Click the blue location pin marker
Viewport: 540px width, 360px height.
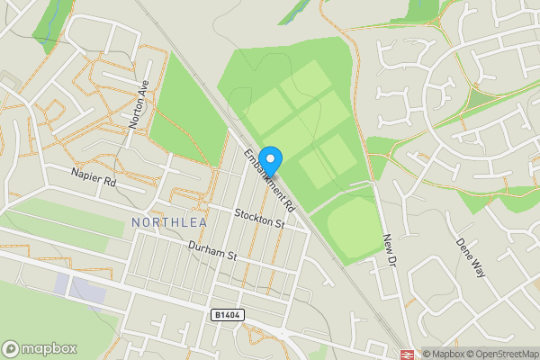(270, 158)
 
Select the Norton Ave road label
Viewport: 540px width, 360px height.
(138, 103)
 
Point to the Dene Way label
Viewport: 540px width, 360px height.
(469, 256)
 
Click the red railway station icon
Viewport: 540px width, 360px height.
(407, 353)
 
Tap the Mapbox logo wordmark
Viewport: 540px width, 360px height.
(49, 348)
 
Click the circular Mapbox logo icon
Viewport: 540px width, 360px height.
(12, 348)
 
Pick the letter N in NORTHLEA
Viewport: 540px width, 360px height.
(136, 221)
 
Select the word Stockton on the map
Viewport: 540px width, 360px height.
(253, 215)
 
